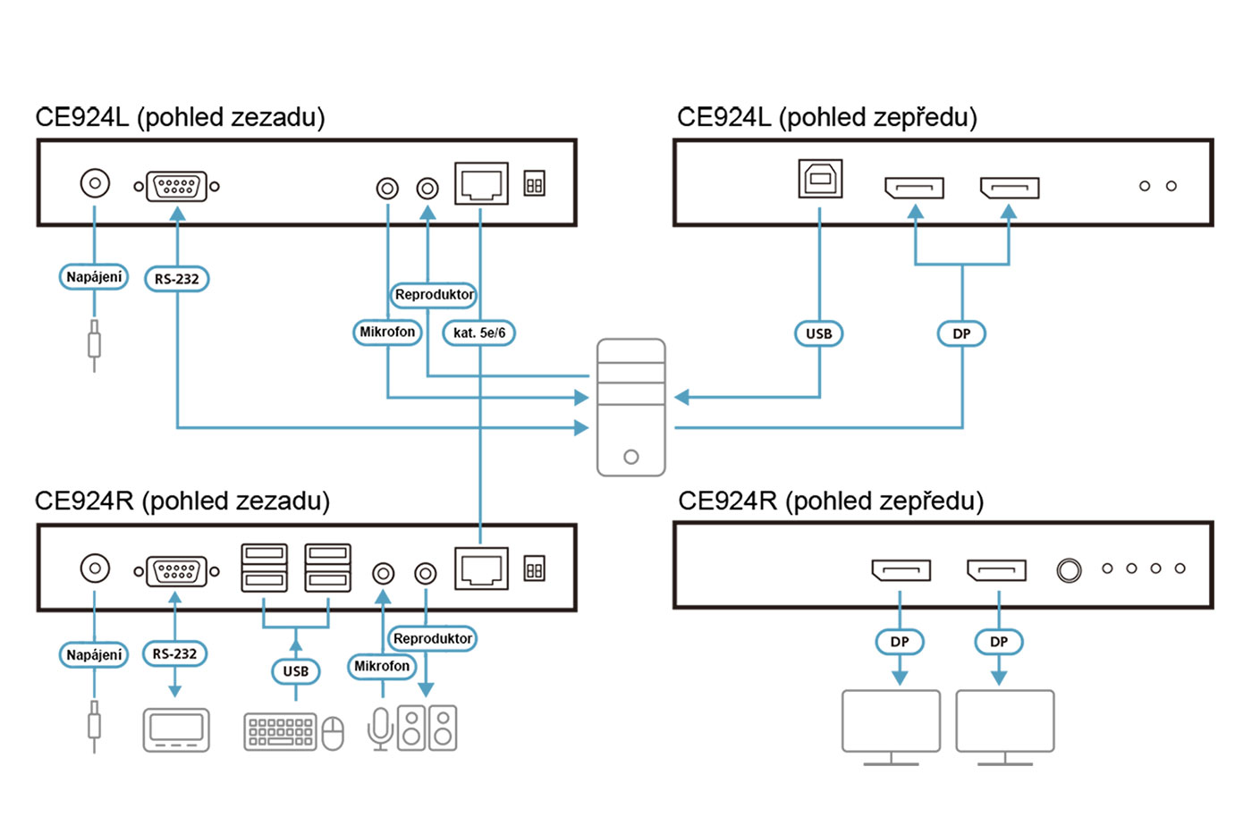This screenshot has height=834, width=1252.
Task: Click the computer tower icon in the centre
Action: point(630,407)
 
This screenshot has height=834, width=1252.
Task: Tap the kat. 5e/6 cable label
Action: point(479,333)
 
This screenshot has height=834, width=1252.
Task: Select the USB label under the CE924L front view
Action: point(818,333)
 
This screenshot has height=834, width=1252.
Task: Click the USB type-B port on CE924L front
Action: point(820,179)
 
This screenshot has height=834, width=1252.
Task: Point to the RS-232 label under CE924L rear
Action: point(176,279)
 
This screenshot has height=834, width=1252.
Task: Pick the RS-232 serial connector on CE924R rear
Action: point(176,570)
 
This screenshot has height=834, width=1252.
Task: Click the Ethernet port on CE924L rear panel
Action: point(481,183)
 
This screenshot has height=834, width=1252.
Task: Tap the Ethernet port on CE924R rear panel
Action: point(481,569)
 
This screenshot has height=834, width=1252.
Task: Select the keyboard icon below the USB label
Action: point(280,731)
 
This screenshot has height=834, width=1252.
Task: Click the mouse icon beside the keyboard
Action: point(333,733)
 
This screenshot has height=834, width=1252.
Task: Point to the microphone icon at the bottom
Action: point(380,728)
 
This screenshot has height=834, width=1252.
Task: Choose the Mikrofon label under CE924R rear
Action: point(382,666)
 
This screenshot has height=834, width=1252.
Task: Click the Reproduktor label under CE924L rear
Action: point(434,294)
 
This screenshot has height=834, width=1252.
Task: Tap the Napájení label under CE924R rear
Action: point(94,654)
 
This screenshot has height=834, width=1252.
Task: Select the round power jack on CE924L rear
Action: point(95,183)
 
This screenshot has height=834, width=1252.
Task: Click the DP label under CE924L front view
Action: point(961,333)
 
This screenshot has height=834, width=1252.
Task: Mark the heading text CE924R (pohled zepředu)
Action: point(830,501)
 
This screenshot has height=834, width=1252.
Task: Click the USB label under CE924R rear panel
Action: point(295,670)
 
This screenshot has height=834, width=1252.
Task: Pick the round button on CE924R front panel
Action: point(1069,569)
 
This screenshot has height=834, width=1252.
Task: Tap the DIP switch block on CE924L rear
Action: point(534,184)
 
